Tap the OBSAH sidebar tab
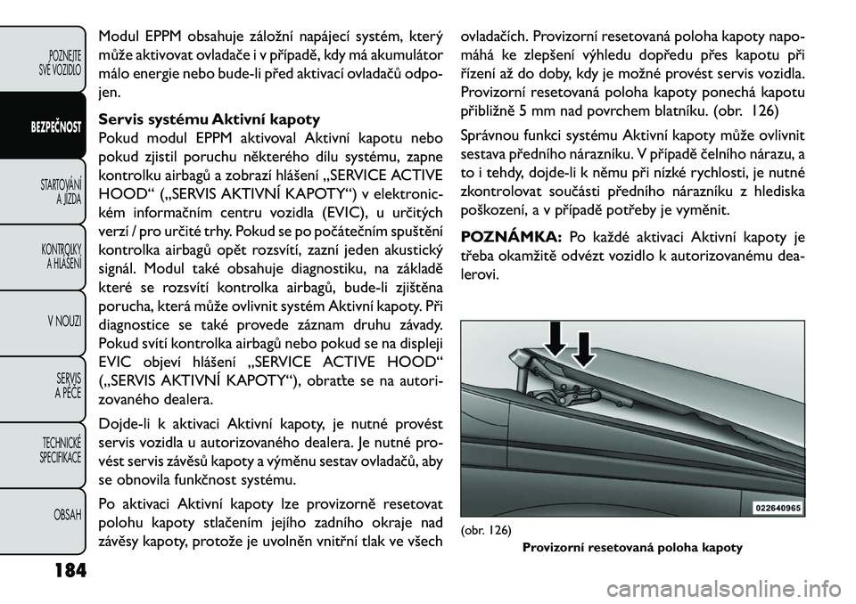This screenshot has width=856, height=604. pyautogui.click(x=66, y=515)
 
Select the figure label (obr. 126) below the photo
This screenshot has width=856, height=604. pyautogui.click(x=486, y=530)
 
